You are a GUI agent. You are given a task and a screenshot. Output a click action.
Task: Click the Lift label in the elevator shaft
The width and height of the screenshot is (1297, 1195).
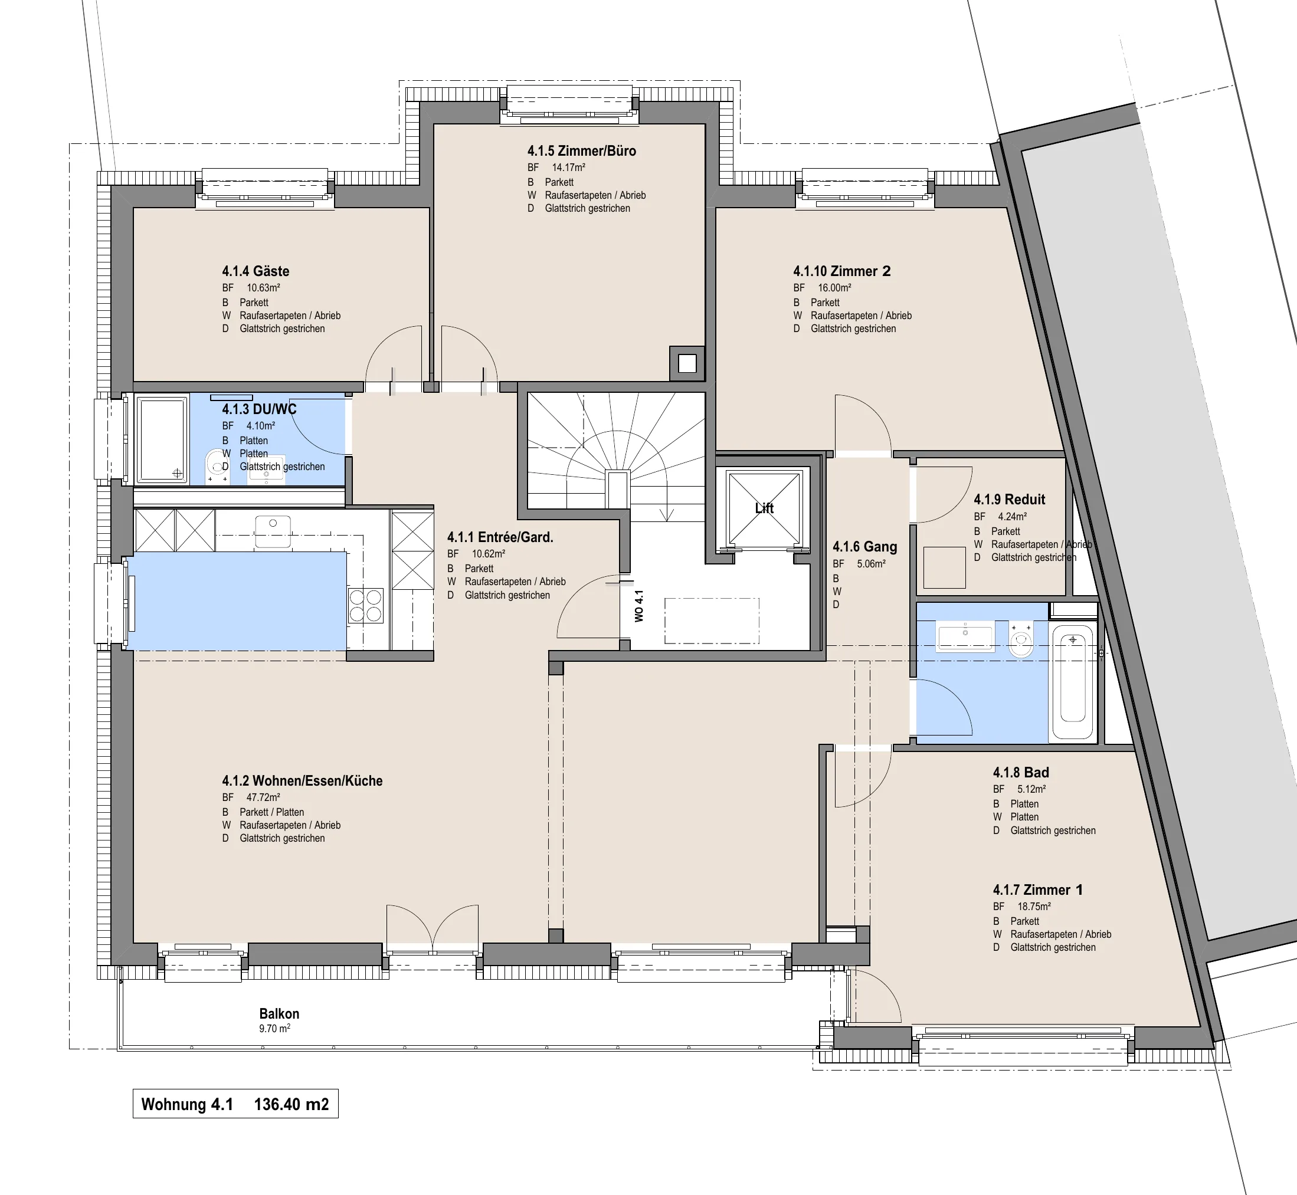(x=764, y=508)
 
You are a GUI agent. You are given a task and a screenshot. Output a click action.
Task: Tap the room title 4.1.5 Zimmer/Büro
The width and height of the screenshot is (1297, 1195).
(x=582, y=150)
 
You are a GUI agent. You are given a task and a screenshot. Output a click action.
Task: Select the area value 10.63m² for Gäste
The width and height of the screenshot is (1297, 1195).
(x=263, y=288)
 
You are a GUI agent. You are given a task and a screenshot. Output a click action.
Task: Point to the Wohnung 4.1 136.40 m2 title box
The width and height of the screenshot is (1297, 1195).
(x=235, y=1104)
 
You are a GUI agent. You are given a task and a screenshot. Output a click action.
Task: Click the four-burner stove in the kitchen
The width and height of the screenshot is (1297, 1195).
(x=365, y=605)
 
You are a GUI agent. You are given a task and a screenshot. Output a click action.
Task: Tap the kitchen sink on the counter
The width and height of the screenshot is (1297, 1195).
(x=273, y=530)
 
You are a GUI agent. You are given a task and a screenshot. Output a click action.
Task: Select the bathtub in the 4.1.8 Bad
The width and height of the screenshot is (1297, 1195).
(x=1073, y=682)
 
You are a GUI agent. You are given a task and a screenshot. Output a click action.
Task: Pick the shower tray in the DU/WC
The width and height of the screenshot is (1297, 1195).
(x=162, y=439)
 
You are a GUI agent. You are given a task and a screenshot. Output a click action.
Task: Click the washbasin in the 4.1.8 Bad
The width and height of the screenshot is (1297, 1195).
(x=965, y=637)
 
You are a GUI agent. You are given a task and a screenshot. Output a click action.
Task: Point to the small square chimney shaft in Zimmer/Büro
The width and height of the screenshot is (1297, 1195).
(x=687, y=363)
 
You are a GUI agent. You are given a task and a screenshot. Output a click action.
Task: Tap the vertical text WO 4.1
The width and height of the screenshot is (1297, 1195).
(x=639, y=606)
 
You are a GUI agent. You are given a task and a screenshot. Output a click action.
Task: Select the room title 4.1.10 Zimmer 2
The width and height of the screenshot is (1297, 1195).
(x=841, y=271)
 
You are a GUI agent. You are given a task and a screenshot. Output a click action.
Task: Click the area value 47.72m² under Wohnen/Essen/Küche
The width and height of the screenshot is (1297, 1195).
(x=263, y=797)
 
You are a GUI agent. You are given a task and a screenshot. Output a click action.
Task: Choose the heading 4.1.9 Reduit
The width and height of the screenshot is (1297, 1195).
(x=1009, y=499)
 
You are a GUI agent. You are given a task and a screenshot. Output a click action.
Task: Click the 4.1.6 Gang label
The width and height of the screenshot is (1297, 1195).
(x=864, y=546)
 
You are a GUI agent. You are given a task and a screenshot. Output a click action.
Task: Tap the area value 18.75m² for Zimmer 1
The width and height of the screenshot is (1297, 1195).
(x=1034, y=907)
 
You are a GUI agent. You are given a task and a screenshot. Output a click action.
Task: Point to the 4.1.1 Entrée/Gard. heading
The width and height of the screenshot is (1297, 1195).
(x=500, y=537)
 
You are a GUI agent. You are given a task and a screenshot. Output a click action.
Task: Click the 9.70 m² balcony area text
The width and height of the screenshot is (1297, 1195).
(x=274, y=1028)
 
